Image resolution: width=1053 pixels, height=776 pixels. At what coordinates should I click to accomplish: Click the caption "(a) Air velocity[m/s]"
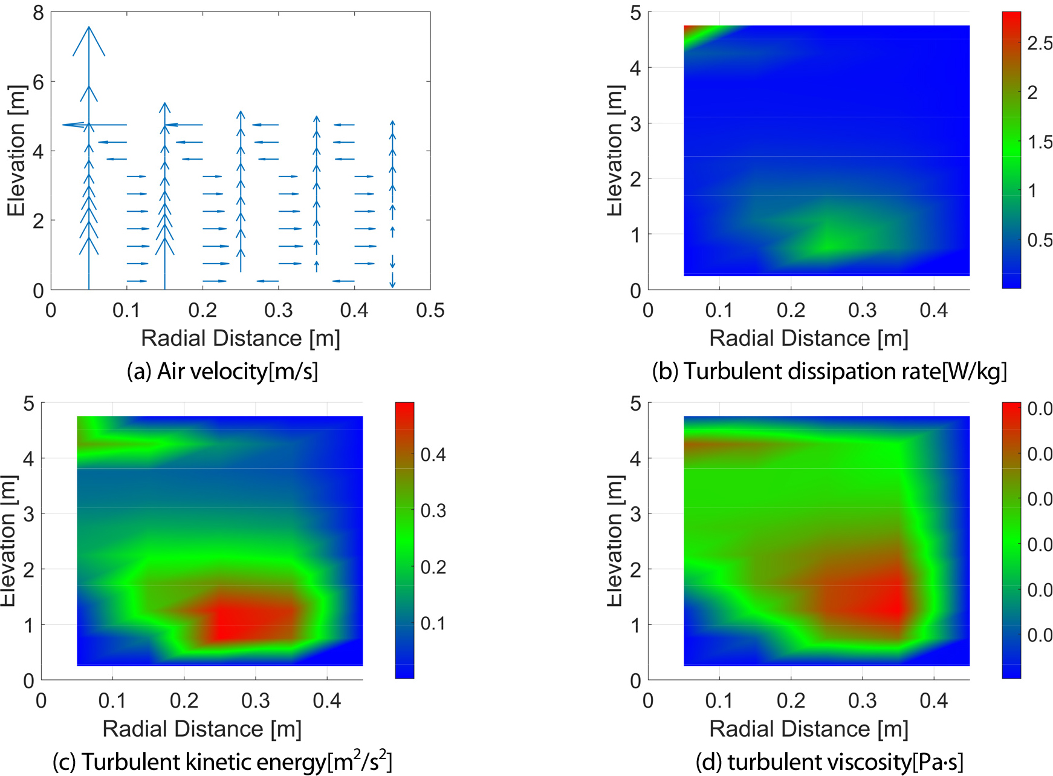pyautogui.click(x=222, y=371)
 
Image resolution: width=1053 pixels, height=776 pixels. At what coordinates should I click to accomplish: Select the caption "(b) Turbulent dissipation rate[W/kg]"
pyautogui.click(x=829, y=371)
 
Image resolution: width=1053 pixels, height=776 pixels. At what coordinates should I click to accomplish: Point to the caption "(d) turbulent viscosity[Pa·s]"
pyautogui.click(x=829, y=761)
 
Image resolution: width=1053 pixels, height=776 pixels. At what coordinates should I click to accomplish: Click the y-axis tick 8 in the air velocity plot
pyautogui.click(x=38, y=13)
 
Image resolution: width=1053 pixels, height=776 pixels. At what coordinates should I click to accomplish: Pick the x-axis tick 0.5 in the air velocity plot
pyautogui.click(x=430, y=311)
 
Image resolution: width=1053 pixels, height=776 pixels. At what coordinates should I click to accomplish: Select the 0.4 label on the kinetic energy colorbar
pyautogui.click(x=433, y=455)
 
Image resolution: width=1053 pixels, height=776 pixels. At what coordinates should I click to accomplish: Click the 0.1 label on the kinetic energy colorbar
pyautogui.click(x=433, y=624)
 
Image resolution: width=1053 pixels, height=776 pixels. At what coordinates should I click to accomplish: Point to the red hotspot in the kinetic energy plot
pyautogui.click(x=242, y=623)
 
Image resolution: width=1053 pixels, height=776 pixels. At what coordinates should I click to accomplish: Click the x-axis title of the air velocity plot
pyautogui.click(x=241, y=338)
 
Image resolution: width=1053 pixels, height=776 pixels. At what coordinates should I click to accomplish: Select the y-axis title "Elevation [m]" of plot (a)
pyautogui.click(x=16, y=151)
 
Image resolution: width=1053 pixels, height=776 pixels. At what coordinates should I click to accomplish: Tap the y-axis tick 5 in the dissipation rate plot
pyautogui.click(x=635, y=13)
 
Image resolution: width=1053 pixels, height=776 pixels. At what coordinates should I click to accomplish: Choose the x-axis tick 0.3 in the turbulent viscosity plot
pyautogui.click(x=862, y=701)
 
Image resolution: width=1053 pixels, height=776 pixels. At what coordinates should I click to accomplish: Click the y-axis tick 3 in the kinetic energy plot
pyautogui.click(x=28, y=514)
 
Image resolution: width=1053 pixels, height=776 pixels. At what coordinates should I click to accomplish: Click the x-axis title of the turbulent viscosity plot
pyautogui.click(x=808, y=729)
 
